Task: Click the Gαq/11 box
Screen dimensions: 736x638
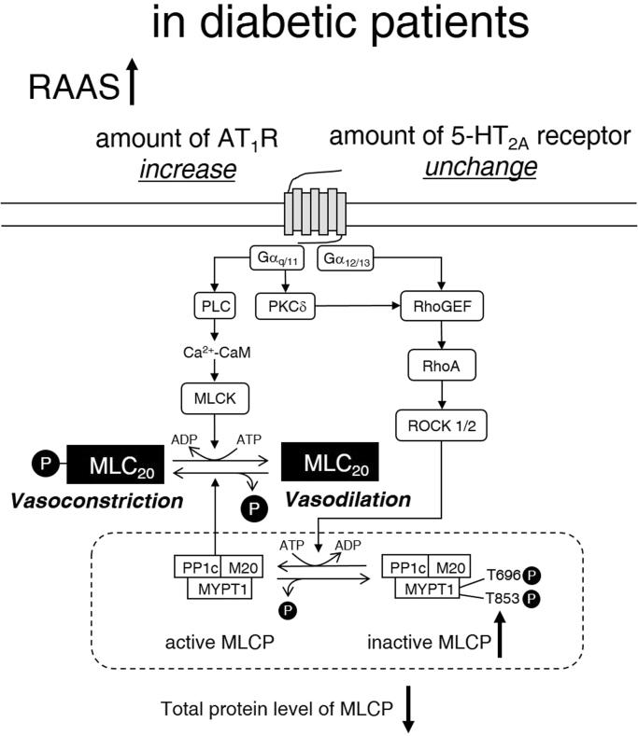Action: point(281,257)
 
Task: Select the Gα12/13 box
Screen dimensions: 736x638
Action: point(353,257)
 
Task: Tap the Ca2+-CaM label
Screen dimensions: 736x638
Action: point(217,354)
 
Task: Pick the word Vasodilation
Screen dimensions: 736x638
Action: point(347,499)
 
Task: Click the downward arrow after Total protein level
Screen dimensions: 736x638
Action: point(407,711)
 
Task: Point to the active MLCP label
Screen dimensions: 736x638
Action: point(213,643)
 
